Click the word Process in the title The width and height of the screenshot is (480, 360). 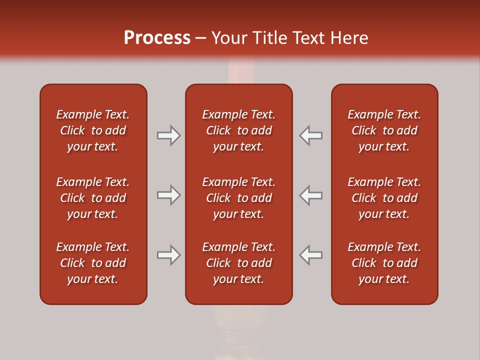click(157, 38)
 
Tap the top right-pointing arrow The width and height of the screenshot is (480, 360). click(168, 135)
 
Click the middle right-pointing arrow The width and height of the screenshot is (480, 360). click(168, 195)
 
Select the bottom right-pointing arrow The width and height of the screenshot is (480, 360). click(168, 255)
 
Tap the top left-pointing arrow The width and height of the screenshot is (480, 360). click(311, 135)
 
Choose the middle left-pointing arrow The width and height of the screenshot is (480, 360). click(311, 195)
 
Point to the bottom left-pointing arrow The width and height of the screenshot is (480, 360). click(311, 255)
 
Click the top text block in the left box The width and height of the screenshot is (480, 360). click(93, 130)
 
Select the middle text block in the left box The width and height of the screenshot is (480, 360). click(93, 198)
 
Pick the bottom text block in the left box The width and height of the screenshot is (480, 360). click(93, 263)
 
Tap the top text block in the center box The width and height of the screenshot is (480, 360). click(238, 130)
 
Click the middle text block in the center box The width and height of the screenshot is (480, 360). click(238, 198)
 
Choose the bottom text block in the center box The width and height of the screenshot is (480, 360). click(238, 263)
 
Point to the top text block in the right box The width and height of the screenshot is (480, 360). click(384, 130)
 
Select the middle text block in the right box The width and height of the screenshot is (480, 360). click(384, 198)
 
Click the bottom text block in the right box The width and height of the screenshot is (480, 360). click(384, 263)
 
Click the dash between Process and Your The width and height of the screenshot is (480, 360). click(201, 38)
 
